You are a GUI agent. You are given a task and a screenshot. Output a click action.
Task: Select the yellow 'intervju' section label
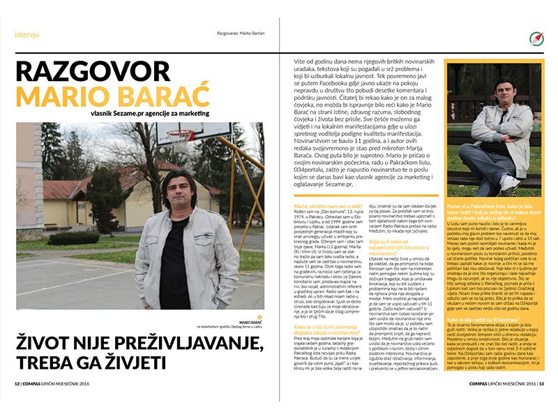pos(27,34)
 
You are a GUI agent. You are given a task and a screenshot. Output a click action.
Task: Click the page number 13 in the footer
pos(541,403)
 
